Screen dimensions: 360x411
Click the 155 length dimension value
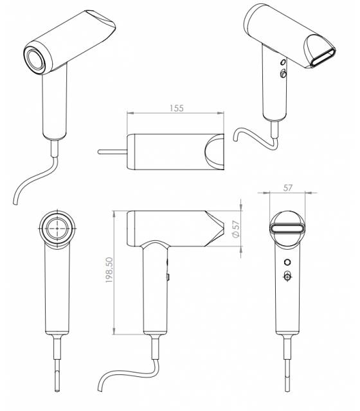pos(177,108)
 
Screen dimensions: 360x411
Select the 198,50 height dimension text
pos(109,270)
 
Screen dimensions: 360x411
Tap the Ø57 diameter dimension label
pos(236,229)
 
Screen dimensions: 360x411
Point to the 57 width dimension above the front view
pos(288,188)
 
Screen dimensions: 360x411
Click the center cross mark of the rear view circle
pos(57,229)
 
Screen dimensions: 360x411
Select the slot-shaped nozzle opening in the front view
pos(287,229)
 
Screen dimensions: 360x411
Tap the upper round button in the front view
pos(287,262)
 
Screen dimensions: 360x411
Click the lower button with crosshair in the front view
pos(287,276)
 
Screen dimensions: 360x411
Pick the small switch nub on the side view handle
pos(168,277)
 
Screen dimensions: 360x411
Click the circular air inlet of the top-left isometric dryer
pos(36,59)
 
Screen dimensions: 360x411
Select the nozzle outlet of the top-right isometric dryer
pos(323,58)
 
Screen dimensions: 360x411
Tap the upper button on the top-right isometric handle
pos(283,62)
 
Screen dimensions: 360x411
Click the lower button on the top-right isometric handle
pos(283,73)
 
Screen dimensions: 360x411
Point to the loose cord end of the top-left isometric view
pos(15,202)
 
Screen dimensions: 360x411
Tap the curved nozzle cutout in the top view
pos(213,152)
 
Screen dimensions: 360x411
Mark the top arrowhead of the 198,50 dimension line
pos(114,214)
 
